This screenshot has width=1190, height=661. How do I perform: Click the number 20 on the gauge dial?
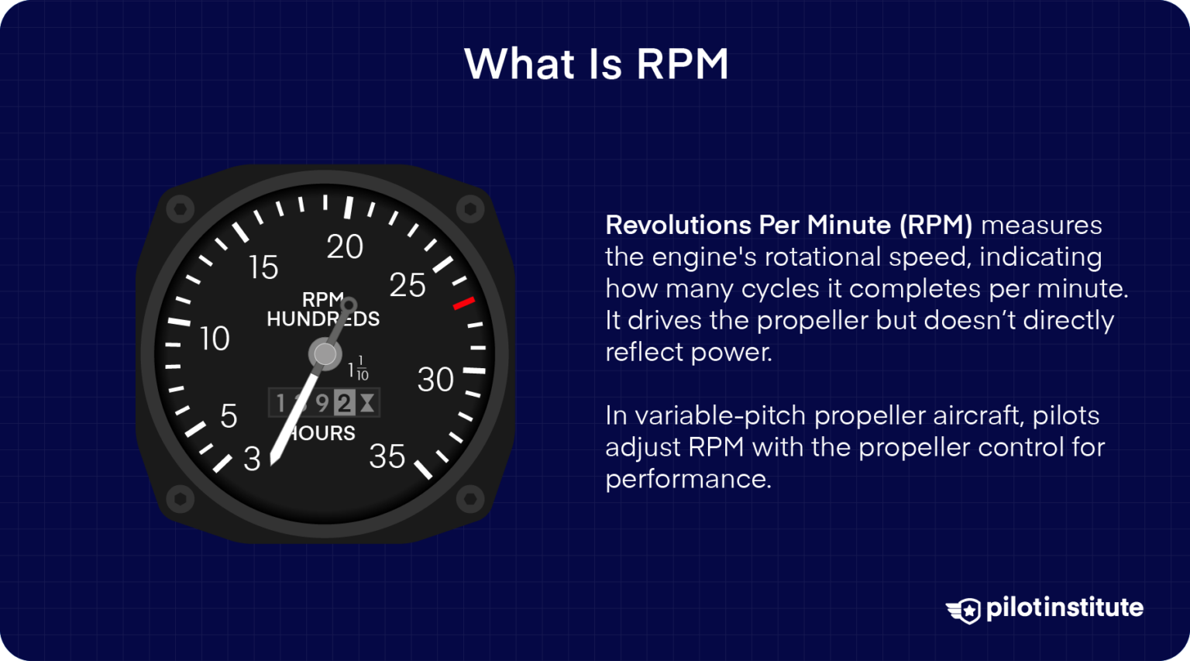tap(345, 247)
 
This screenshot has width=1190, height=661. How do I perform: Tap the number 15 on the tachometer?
tap(263, 267)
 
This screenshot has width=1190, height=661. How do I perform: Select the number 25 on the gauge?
tap(408, 286)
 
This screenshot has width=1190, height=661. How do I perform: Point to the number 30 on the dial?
tap(435, 380)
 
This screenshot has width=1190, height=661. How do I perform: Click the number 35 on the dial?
tap(387, 457)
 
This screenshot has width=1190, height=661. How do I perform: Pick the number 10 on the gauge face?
tap(215, 339)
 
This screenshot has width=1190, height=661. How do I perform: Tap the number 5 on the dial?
tap(229, 417)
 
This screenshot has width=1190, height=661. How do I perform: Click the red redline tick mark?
tap(463, 303)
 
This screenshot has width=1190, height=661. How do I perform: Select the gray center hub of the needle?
tap(325, 354)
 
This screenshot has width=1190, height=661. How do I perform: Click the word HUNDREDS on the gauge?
tap(323, 319)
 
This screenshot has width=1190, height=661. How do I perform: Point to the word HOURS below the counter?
tap(324, 433)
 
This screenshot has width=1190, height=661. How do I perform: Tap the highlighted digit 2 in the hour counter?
tap(344, 403)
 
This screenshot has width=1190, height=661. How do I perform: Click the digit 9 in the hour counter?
tap(322, 403)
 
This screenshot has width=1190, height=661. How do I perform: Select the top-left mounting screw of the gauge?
tap(180, 209)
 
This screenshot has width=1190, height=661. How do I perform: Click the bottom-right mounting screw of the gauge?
tap(469, 498)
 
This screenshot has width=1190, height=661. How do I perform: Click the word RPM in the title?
tap(683, 64)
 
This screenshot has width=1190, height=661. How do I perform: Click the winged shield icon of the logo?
tap(964, 610)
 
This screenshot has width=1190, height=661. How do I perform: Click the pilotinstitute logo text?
tap(1064, 608)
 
